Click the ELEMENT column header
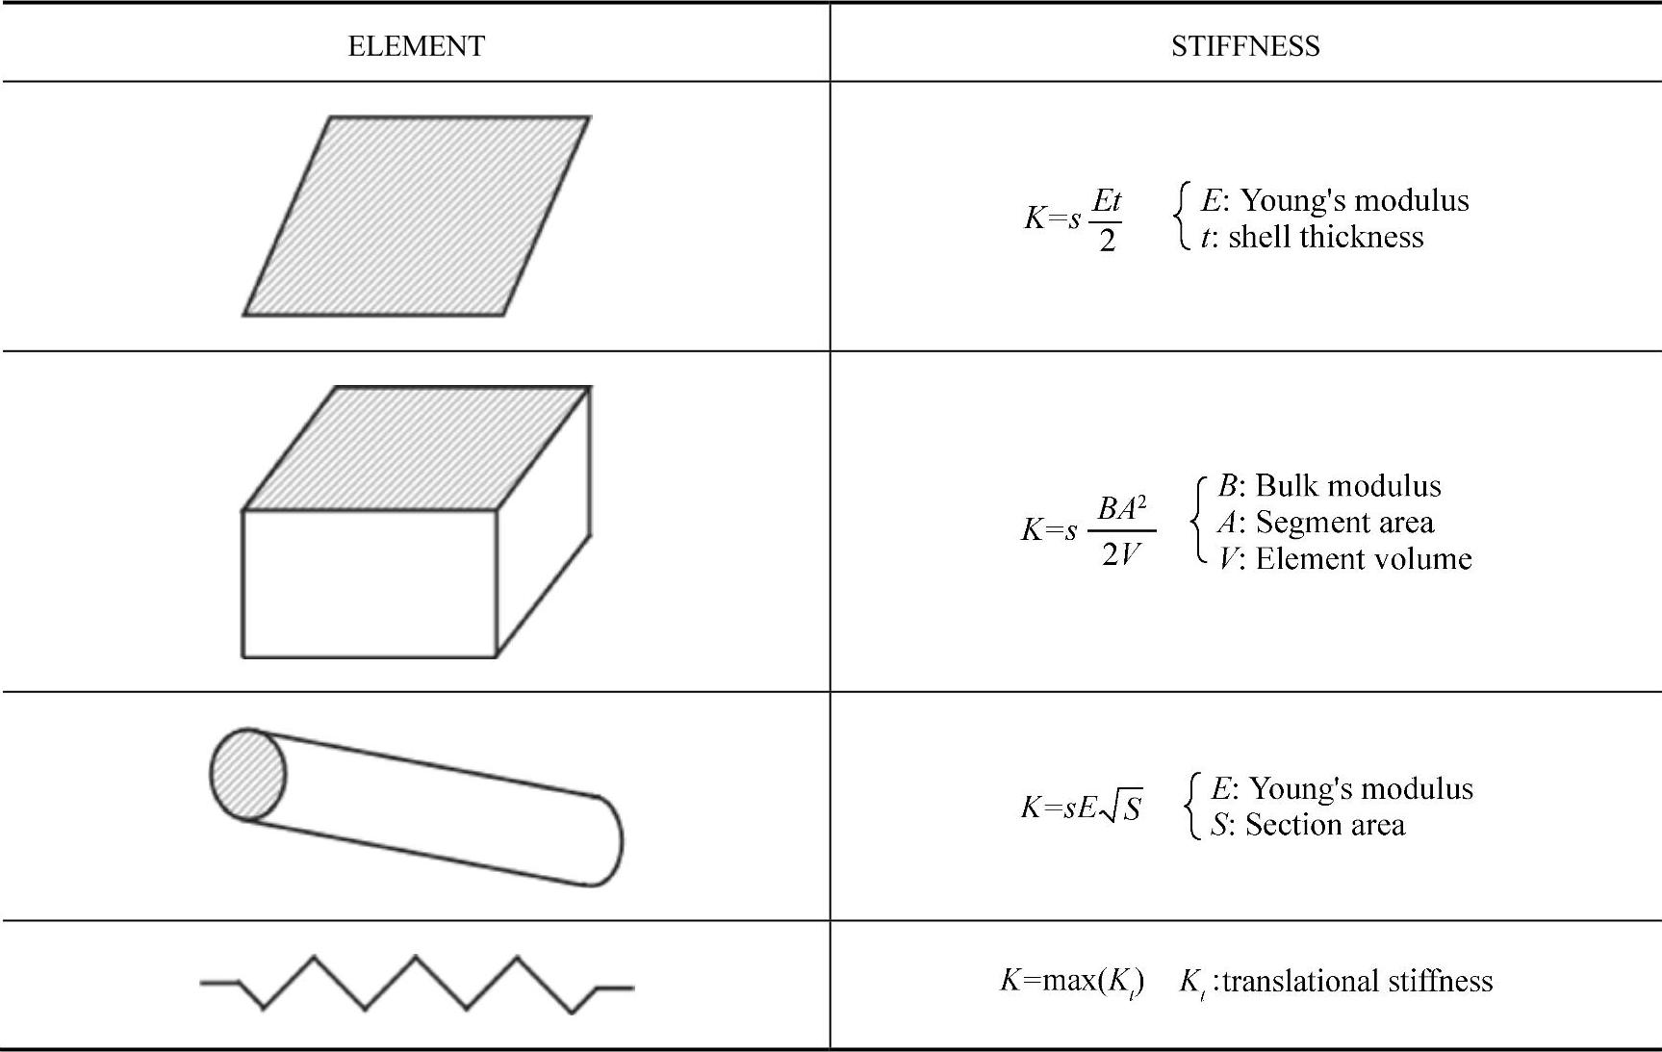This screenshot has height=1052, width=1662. pos(416,46)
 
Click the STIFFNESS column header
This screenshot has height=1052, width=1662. pos(1244,46)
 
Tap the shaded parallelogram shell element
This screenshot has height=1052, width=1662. pos(416,216)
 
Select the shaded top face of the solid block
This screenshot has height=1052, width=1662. pos(416,448)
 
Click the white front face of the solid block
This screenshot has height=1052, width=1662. pos(369,583)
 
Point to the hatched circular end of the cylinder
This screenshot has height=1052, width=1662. pos(248,774)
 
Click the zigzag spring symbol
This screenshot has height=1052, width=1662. pos(416,983)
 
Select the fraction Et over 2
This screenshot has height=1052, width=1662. pos(1107,219)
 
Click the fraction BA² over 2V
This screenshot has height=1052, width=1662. pos(1121,530)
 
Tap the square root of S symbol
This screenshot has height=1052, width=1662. pos(1122,808)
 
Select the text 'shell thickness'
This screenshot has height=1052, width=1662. pos(1325,237)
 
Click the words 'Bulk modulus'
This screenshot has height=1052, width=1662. pos(1347,485)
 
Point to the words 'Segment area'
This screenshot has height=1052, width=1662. pos(1344,522)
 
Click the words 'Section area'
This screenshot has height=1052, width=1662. pos(1324,825)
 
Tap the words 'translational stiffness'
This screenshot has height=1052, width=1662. pos(1357,981)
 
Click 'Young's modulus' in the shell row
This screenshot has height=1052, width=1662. pos(1354,200)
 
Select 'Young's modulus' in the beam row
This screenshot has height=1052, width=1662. pos(1361,788)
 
